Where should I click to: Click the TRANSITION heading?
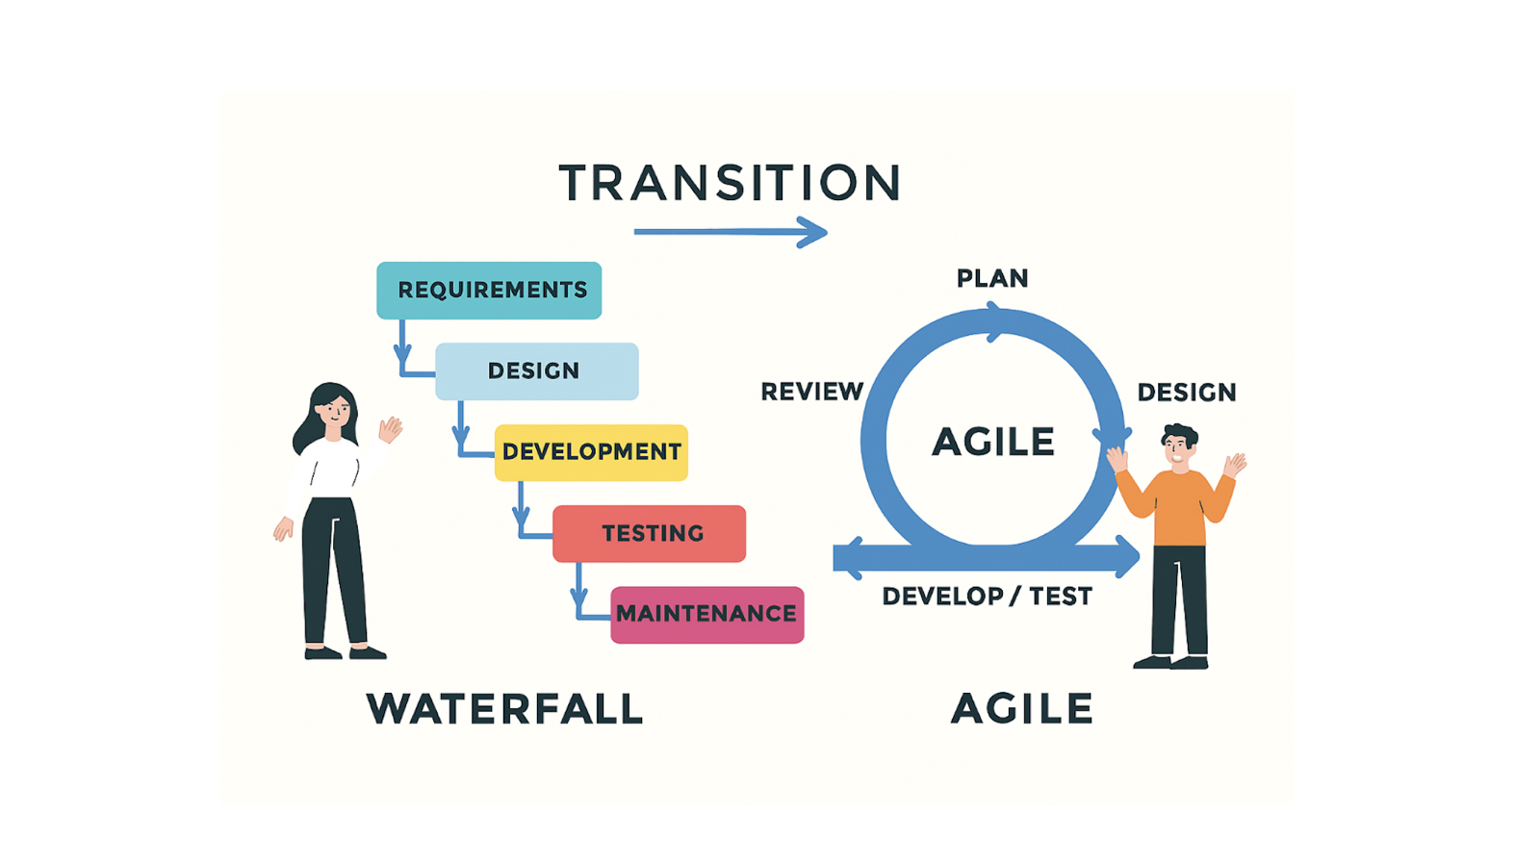[731, 182]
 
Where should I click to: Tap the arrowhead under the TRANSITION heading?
[812, 232]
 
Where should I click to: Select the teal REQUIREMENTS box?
[489, 290]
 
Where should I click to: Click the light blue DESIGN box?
[537, 371]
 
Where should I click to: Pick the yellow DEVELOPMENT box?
[591, 452]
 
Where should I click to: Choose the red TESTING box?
[649, 533]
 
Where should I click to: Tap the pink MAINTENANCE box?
[707, 615]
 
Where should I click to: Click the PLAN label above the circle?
[992, 278]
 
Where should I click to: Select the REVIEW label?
[812, 392]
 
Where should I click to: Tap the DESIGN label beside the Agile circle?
[1187, 393]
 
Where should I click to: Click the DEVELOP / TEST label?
[988, 596]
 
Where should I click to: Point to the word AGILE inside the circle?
[993, 442]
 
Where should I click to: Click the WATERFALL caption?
[505, 708]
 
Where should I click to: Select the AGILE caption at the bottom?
[1022, 708]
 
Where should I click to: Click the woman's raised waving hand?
[391, 429]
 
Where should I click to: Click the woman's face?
[335, 414]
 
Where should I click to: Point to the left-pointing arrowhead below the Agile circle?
[850, 558]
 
